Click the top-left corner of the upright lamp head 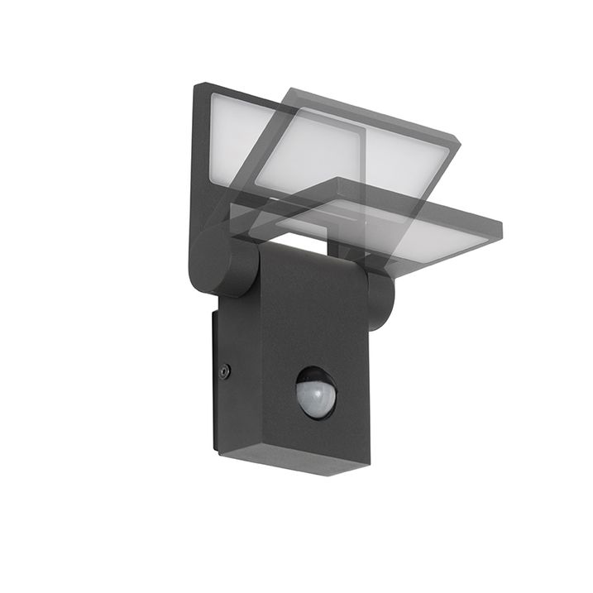pos(197,86)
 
